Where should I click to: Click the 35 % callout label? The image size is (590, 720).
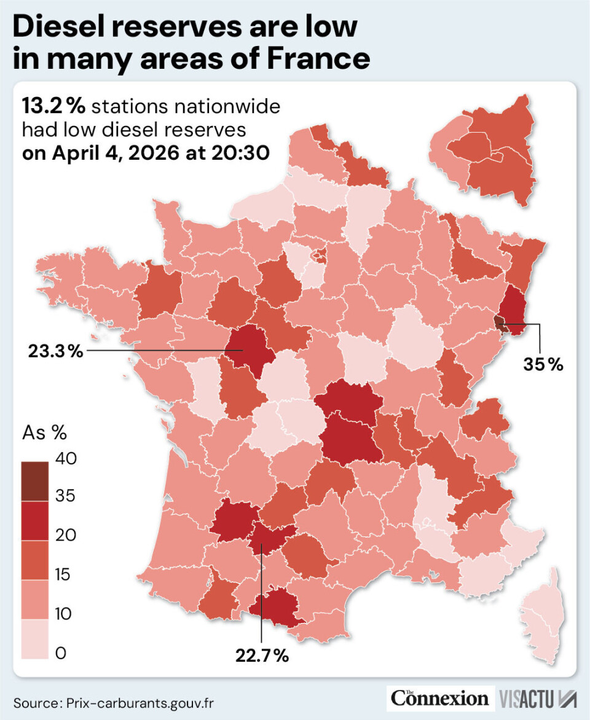point(543,364)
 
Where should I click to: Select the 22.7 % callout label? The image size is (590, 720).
point(262,655)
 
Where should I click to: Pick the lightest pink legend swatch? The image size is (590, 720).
point(42,638)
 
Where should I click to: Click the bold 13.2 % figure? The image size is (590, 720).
point(53,107)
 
